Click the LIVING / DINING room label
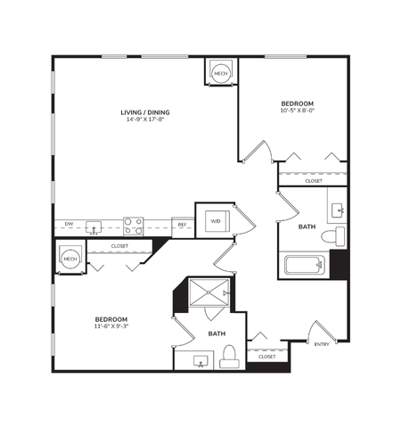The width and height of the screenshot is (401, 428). click(146, 111)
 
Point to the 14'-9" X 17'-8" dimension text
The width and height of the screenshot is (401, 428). click(146, 119)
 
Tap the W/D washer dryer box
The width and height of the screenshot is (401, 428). click(215, 220)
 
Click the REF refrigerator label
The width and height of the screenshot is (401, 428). click(182, 226)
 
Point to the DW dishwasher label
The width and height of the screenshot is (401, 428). click(69, 223)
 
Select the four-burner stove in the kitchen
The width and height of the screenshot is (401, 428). click(134, 225)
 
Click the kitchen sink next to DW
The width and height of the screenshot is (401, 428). click(94, 226)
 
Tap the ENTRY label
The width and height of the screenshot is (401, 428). click(321, 345)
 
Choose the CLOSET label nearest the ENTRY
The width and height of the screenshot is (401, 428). click(266, 357)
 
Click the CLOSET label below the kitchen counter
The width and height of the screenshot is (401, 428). click(119, 246)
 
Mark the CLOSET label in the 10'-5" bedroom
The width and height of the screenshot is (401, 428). click(314, 181)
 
